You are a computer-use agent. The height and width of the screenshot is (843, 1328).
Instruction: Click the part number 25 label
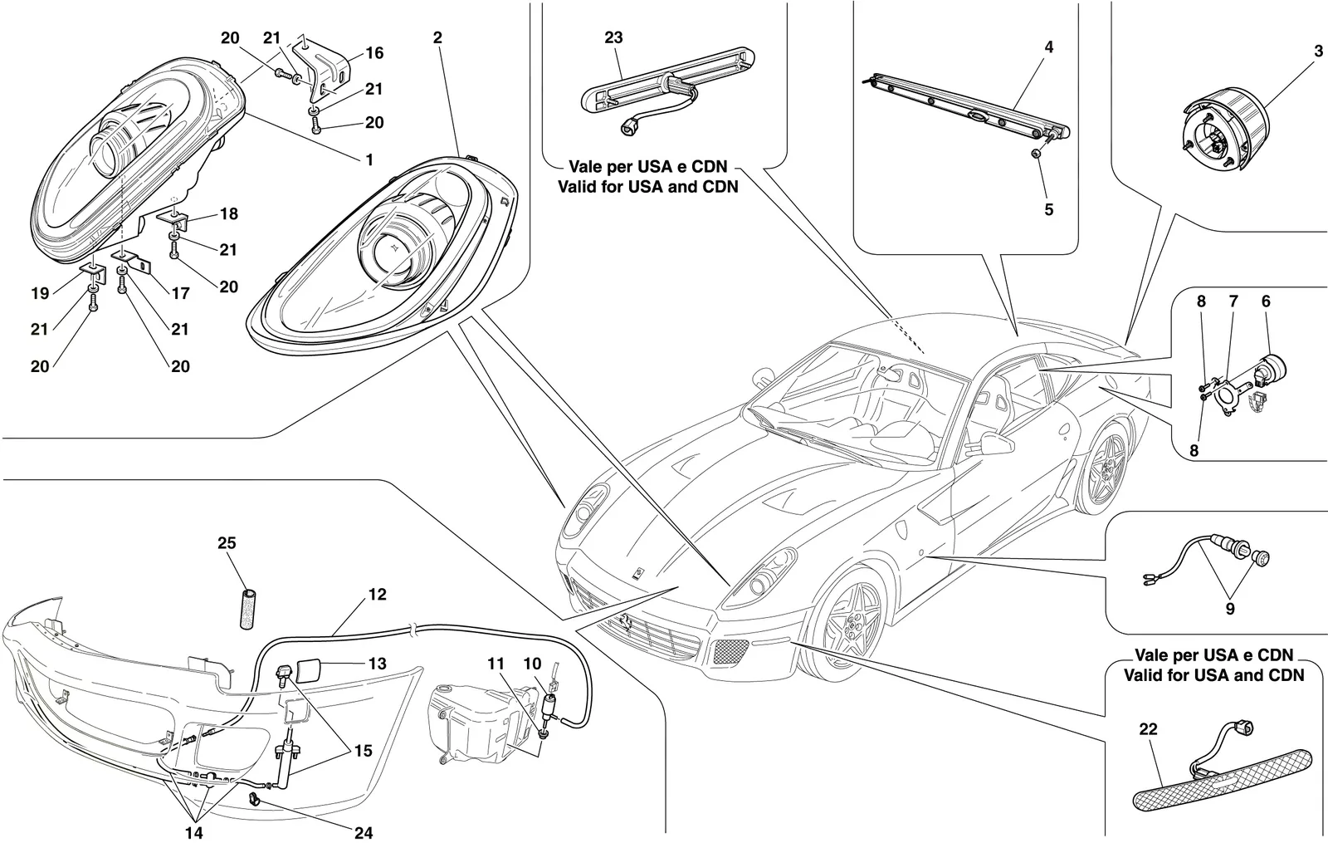(227, 543)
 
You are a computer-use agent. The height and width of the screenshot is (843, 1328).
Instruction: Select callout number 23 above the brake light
(613, 37)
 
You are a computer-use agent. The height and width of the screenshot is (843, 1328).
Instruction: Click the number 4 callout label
(1049, 47)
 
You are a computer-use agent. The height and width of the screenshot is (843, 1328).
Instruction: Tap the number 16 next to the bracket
(374, 53)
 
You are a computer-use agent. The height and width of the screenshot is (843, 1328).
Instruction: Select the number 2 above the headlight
(437, 37)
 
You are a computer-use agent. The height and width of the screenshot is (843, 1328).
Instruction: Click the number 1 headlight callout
(369, 159)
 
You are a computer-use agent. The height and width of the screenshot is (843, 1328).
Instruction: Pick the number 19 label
(40, 293)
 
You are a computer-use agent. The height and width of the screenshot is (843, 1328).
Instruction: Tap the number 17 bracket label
(180, 293)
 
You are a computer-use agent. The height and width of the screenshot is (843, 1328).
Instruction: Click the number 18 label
(229, 213)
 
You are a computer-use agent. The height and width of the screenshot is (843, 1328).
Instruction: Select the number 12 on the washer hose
(377, 595)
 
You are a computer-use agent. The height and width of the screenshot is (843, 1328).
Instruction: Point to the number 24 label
(364, 833)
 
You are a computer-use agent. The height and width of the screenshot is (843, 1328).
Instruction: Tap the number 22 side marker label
(1149, 729)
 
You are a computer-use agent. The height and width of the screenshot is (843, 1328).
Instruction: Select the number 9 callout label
(1229, 609)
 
